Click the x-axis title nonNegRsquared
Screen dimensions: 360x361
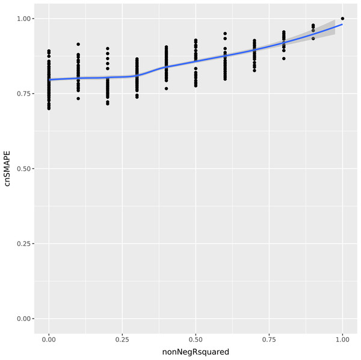[x=196, y=352]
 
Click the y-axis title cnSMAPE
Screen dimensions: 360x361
[x=8, y=169]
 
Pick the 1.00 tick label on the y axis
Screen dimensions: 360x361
[x=25, y=19]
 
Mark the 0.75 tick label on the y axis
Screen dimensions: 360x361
[x=25, y=94]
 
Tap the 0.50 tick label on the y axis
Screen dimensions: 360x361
[x=25, y=169]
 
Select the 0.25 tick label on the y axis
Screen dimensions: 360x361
[x=25, y=243]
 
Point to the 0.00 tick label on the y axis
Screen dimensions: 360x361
[x=25, y=319]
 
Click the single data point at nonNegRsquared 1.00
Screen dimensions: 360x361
[x=342, y=19]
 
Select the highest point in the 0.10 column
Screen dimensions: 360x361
[x=78, y=44]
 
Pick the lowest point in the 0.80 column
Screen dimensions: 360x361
[x=284, y=58]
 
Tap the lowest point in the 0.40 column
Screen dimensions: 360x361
[x=166, y=88]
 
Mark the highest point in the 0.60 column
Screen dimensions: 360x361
[x=225, y=34]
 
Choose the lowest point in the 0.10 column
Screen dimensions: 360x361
[x=78, y=99]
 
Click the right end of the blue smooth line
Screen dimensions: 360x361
[x=342, y=25]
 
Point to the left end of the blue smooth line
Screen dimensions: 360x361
[x=49, y=79]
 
